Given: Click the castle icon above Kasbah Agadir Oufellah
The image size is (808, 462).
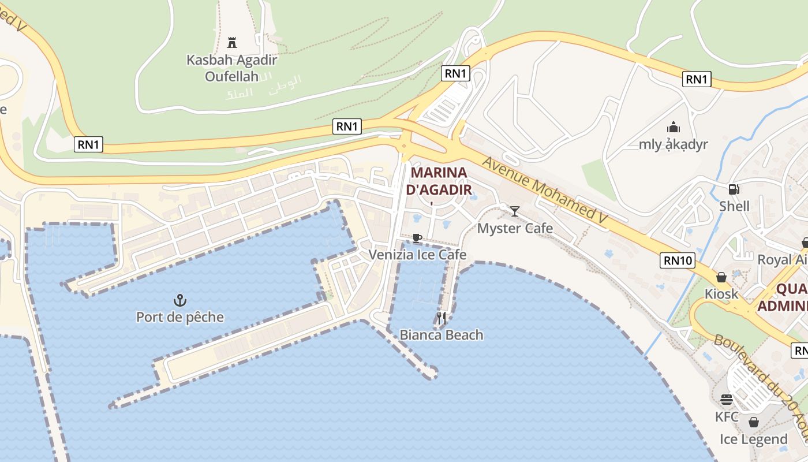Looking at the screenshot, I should pyautogui.click(x=232, y=42).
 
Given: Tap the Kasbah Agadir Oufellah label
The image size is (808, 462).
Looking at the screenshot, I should pyautogui.click(x=232, y=68).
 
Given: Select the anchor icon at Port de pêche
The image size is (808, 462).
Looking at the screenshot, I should pyautogui.click(x=180, y=300).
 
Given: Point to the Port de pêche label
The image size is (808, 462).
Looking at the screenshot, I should pyautogui.click(x=180, y=317).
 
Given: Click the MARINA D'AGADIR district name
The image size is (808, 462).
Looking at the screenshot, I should pyautogui.click(x=439, y=181).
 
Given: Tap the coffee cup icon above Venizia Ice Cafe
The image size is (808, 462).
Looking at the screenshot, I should pyautogui.click(x=417, y=238).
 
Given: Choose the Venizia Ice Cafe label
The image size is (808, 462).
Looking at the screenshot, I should pyautogui.click(x=417, y=255).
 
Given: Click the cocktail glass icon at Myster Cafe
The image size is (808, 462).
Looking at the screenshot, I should pyautogui.click(x=515, y=211).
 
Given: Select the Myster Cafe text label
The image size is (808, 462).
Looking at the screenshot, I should pyautogui.click(x=515, y=228).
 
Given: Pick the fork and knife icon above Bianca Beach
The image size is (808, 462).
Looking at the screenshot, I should pyautogui.click(x=442, y=318).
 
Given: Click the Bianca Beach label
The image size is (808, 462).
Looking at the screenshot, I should pyautogui.click(x=442, y=335).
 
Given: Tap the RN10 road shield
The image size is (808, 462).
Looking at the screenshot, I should pyautogui.click(x=678, y=260).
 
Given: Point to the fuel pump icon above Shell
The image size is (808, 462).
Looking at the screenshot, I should pyautogui.click(x=734, y=189).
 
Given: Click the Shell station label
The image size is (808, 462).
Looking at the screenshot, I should pyautogui.click(x=734, y=206).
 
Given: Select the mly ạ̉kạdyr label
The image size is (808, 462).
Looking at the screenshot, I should pyautogui.click(x=673, y=144).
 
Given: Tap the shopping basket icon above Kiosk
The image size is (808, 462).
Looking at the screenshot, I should pyautogui.click(x=721, y=277).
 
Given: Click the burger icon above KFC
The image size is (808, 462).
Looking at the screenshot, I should pyautogui.click(x=726, y=400).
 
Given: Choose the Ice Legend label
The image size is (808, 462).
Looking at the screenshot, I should pyautogui.click(x=753, y=439).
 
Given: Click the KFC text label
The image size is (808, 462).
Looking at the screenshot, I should pyautogui.click(x=726, y=416).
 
